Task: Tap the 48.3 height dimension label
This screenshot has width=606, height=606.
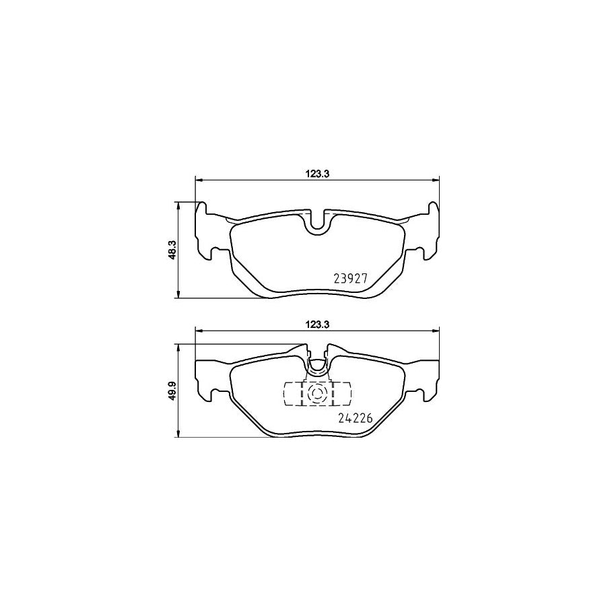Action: pos(172,250)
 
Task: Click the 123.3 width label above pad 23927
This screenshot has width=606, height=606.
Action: pos(316,172)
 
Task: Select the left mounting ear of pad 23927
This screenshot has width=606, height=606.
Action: pos(205,232)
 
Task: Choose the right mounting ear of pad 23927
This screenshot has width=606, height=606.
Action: pos(428,232)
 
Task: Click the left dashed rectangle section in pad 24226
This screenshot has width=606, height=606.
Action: pos(293,394)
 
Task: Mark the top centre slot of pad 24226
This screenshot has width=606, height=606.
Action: pos(317,356)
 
